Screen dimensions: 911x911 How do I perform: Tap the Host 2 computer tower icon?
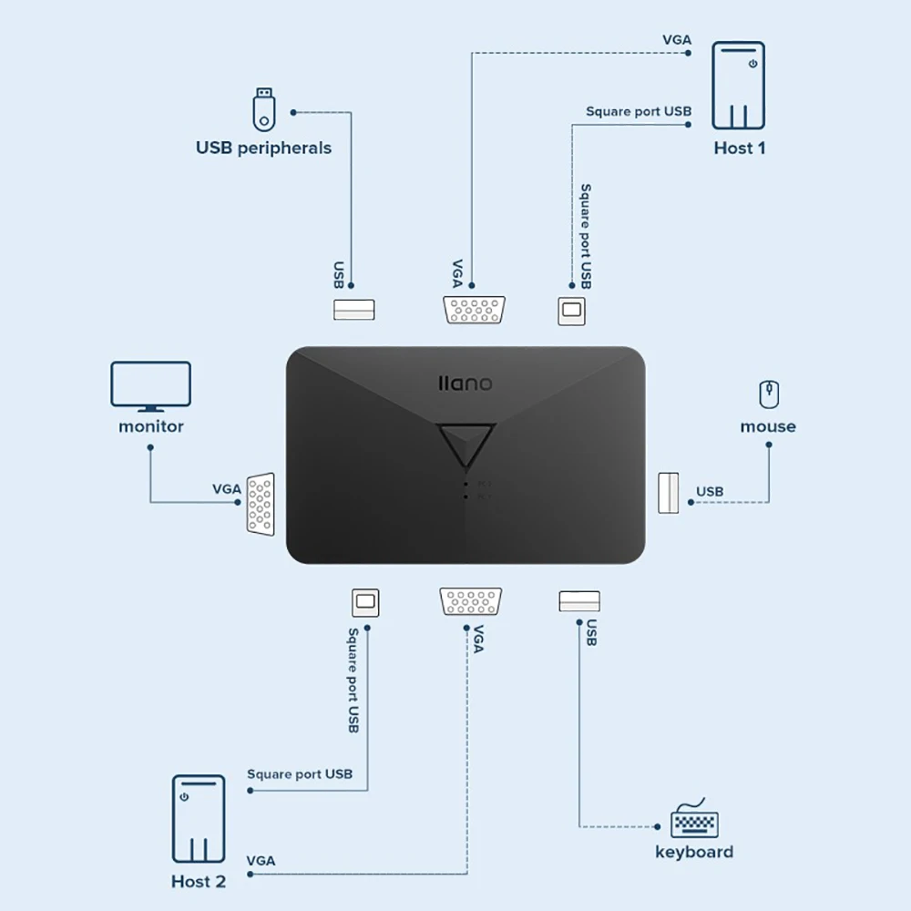click(x=198, y=819)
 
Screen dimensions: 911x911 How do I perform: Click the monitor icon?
click(x=150, y=386)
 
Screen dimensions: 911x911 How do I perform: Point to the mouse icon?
click(x=769, y=394)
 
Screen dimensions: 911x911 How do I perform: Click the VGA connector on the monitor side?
click(x=260, y=503)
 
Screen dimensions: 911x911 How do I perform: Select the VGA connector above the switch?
click(x=475, y=310)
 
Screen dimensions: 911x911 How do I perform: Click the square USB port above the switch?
click(x=572, y=311)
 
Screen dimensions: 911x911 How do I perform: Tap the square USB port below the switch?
click(x=365, y=602)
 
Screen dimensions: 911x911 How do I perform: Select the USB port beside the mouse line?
click(x=669, y=492)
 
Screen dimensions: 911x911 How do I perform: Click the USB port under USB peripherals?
click(x=354, y=310)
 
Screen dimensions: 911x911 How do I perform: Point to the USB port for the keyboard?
click(x=579, y=601)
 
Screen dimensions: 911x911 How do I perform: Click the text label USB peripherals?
click(x=263, y=148)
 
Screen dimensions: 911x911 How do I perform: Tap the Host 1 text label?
click(x=739, y=148)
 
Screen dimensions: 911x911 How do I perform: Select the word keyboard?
click(x=694, y=853)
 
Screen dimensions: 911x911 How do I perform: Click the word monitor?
click(x=151, y=426)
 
